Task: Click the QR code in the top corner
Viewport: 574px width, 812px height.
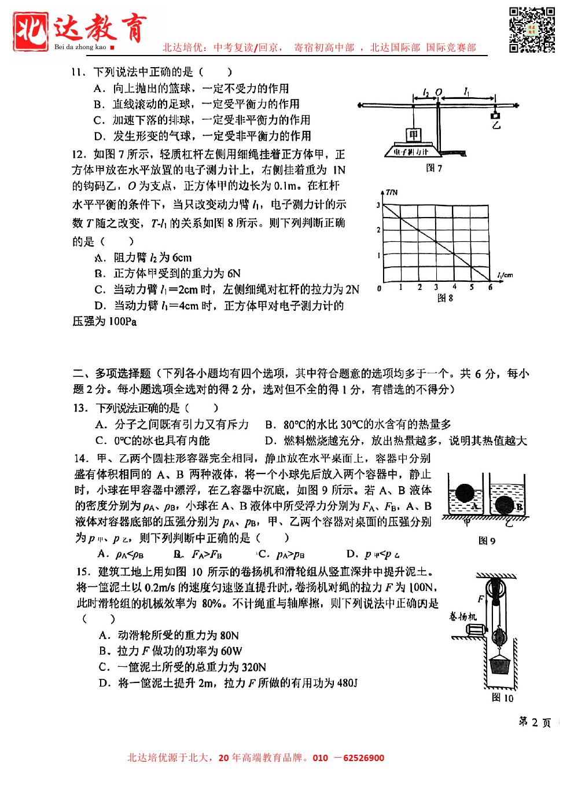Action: pyautogui.click(x=532, y=30)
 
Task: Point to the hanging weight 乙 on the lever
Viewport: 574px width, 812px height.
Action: pyautogui.click(x=495, y=116)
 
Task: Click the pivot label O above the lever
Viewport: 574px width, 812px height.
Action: pyautogui.click(x=439, y=92)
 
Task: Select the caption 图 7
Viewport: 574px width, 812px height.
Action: pyautogui.click(x=434, y=168)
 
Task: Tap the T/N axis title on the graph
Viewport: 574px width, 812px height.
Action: pyautogui.click(x=392, y=192)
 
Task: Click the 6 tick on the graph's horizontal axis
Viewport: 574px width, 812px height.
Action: pyautogui.click(x=490, y=287)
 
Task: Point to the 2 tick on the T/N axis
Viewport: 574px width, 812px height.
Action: pyautogui.click(x=378, y=230)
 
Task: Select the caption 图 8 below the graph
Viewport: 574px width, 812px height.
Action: pyautogui.click(x=445, y=298)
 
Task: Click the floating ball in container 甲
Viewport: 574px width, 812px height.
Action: pyautogui.click(x=464, y=493)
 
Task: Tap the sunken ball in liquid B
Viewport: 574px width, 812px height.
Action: pyautogui.click(x=504, y=505)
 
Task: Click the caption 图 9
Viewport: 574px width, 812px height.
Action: pyautogui.click(x=487, y=541)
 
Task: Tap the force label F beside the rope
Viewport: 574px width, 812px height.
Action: pyautogui.click(x=481, y=599)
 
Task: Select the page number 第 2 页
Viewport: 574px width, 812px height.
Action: pyautogui.click(x=535, y=722)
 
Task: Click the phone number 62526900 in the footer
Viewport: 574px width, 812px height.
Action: pyautogui.click(x=363, y=758)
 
